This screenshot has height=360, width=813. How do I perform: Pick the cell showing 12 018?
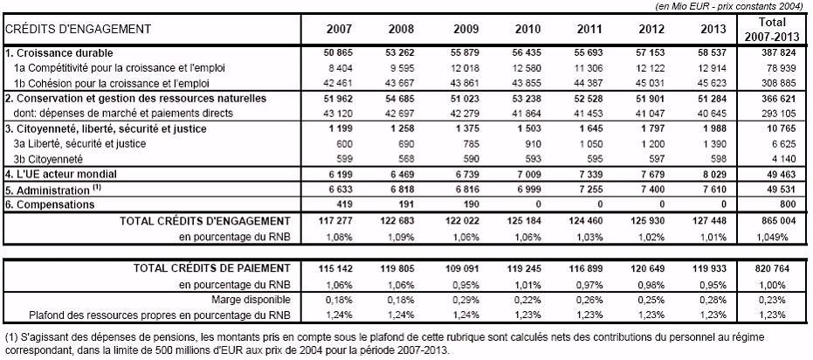click(444, 68)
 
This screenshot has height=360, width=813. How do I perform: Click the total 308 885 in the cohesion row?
click(773, 82)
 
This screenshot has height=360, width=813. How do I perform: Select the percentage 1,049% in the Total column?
click(773, 236)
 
